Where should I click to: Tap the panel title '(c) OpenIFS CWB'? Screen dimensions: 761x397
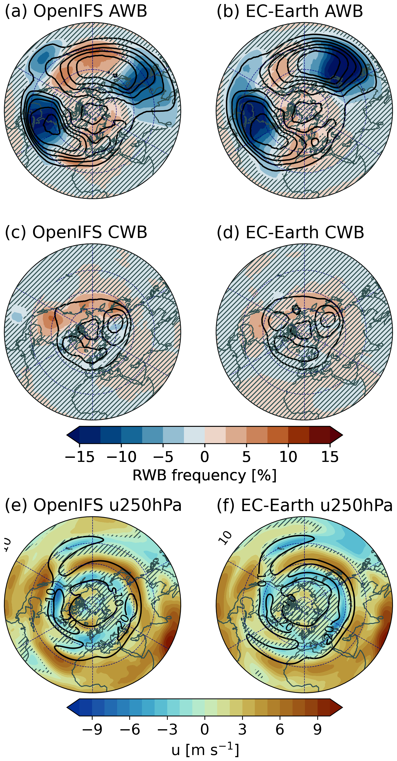coord(76,232)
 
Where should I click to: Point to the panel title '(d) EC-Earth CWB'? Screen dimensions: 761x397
coord(290,232)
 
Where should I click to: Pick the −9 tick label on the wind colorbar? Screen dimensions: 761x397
coord(92,729)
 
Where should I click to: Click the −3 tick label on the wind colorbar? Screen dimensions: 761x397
coord(167,729)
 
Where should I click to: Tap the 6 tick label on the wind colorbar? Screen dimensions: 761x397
coord(280,729)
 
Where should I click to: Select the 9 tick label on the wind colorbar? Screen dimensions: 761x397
coord(317,729)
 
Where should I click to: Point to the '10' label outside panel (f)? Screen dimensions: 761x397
coord(225,537)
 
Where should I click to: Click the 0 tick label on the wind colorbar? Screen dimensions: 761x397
coord(204,729)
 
